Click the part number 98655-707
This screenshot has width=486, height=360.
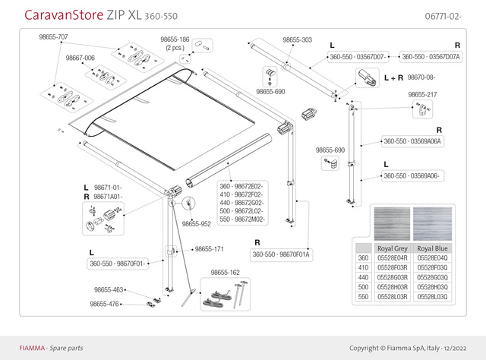(53, 36)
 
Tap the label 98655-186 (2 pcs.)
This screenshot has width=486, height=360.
(175, 42)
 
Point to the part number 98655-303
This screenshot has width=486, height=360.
(298, 39)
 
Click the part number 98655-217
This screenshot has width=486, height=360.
(423, 94)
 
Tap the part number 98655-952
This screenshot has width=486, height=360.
(196, 224)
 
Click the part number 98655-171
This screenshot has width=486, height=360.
(209, 248)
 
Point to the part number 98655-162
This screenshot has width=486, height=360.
(225, 272)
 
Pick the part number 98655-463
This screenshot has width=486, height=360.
(109, 289)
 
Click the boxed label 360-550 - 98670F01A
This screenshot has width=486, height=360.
(282, 254)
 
